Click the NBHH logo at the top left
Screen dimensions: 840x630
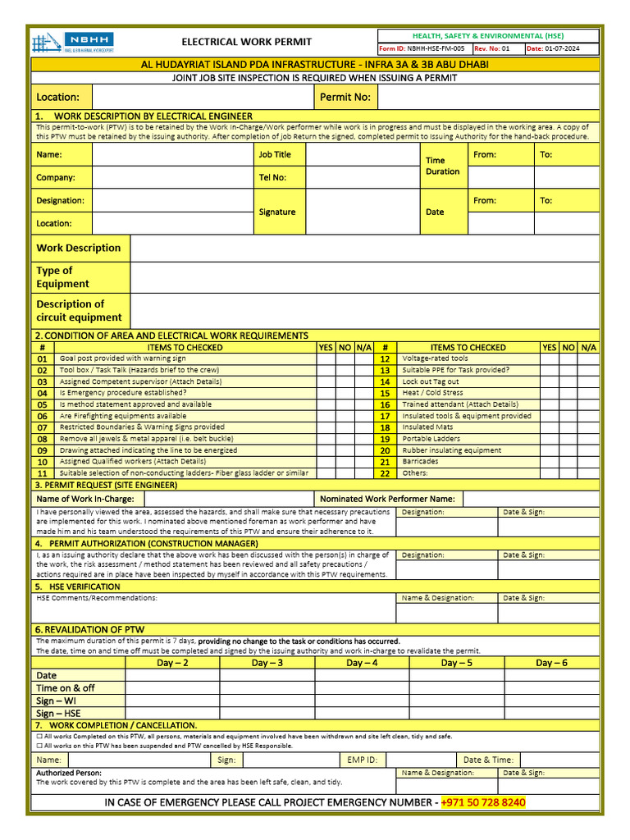click(x=73, y=42)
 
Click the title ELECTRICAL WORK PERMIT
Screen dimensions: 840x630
click(x=246, y=42)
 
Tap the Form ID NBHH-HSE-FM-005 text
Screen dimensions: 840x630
click(x=421, y=48)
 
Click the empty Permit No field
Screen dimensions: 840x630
click(x=488, y=97)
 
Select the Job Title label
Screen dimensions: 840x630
click(x=275, y=154)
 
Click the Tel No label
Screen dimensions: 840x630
click(x=272, y=177)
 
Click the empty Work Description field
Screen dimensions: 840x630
click(x=364, y=248)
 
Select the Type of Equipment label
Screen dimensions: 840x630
click(x=62, y=277)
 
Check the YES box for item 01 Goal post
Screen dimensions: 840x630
click(x=326, y=358)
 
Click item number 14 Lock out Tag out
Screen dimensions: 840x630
click(x=385, y=381)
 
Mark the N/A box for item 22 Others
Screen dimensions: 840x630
click(x=588, y=473)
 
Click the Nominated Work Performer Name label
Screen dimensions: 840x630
click(x=387, y=499)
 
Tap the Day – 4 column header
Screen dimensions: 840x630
click(x=362, y=663)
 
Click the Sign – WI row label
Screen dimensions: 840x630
click(x=57, y=701)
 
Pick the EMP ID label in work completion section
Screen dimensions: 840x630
click(x=362, y=760)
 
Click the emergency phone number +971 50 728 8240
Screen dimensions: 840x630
click(x=483, y=802)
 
